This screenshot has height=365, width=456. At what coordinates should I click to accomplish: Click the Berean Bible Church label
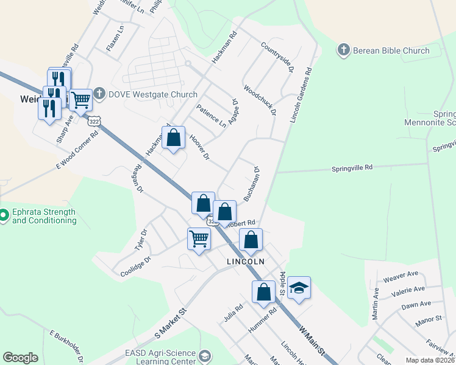pyautogui.click(x=391, y=51)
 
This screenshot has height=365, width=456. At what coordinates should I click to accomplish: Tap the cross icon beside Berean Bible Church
pyautogui.click(x=343, y=50)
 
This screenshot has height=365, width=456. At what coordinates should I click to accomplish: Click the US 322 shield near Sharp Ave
pyautogui.click(x=93, y=121)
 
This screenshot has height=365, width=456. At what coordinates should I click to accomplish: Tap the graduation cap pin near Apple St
pyautogui.click(x=299, y=288)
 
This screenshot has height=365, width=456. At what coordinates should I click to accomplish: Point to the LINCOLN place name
pyautogui.click(x=246, y=262)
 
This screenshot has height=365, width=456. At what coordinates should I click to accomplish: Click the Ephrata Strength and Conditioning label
pyautogui.click(x=44, y=217)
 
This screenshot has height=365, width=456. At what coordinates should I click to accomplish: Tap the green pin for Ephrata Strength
pyautogui.click(x=4, y=215)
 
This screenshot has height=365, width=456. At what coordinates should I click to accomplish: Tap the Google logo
pyautogui.click(x=20, y=358)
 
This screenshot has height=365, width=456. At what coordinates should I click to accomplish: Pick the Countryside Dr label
pyautogui.click(x=277, y=58)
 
